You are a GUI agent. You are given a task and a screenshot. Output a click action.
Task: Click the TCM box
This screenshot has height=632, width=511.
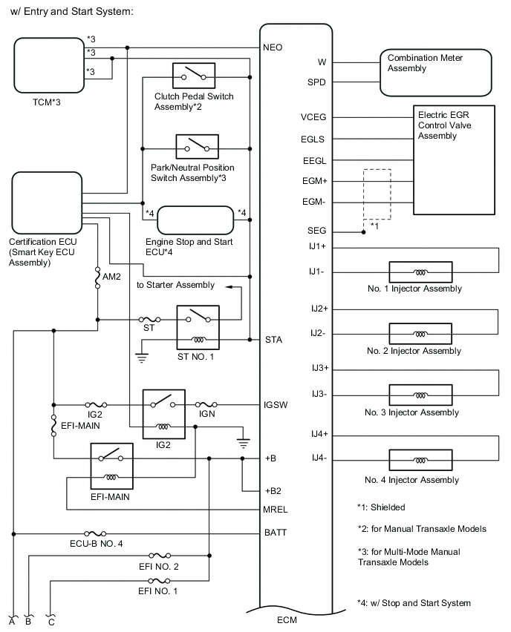(46, 65)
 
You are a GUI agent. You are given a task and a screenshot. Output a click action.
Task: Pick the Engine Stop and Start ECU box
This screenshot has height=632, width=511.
(195, 220)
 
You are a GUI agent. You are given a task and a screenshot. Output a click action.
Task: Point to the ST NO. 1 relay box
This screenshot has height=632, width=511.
(197, 326)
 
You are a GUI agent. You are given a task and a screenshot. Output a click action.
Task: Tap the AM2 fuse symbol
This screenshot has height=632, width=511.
(98, 277)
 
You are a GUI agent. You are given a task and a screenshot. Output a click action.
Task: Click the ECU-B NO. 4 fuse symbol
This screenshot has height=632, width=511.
(97, 533)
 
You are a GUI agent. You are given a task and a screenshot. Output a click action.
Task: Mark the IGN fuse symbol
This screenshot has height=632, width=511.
(206, 405)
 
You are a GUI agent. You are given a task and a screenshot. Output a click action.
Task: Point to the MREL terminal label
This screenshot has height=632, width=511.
(276, 510)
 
